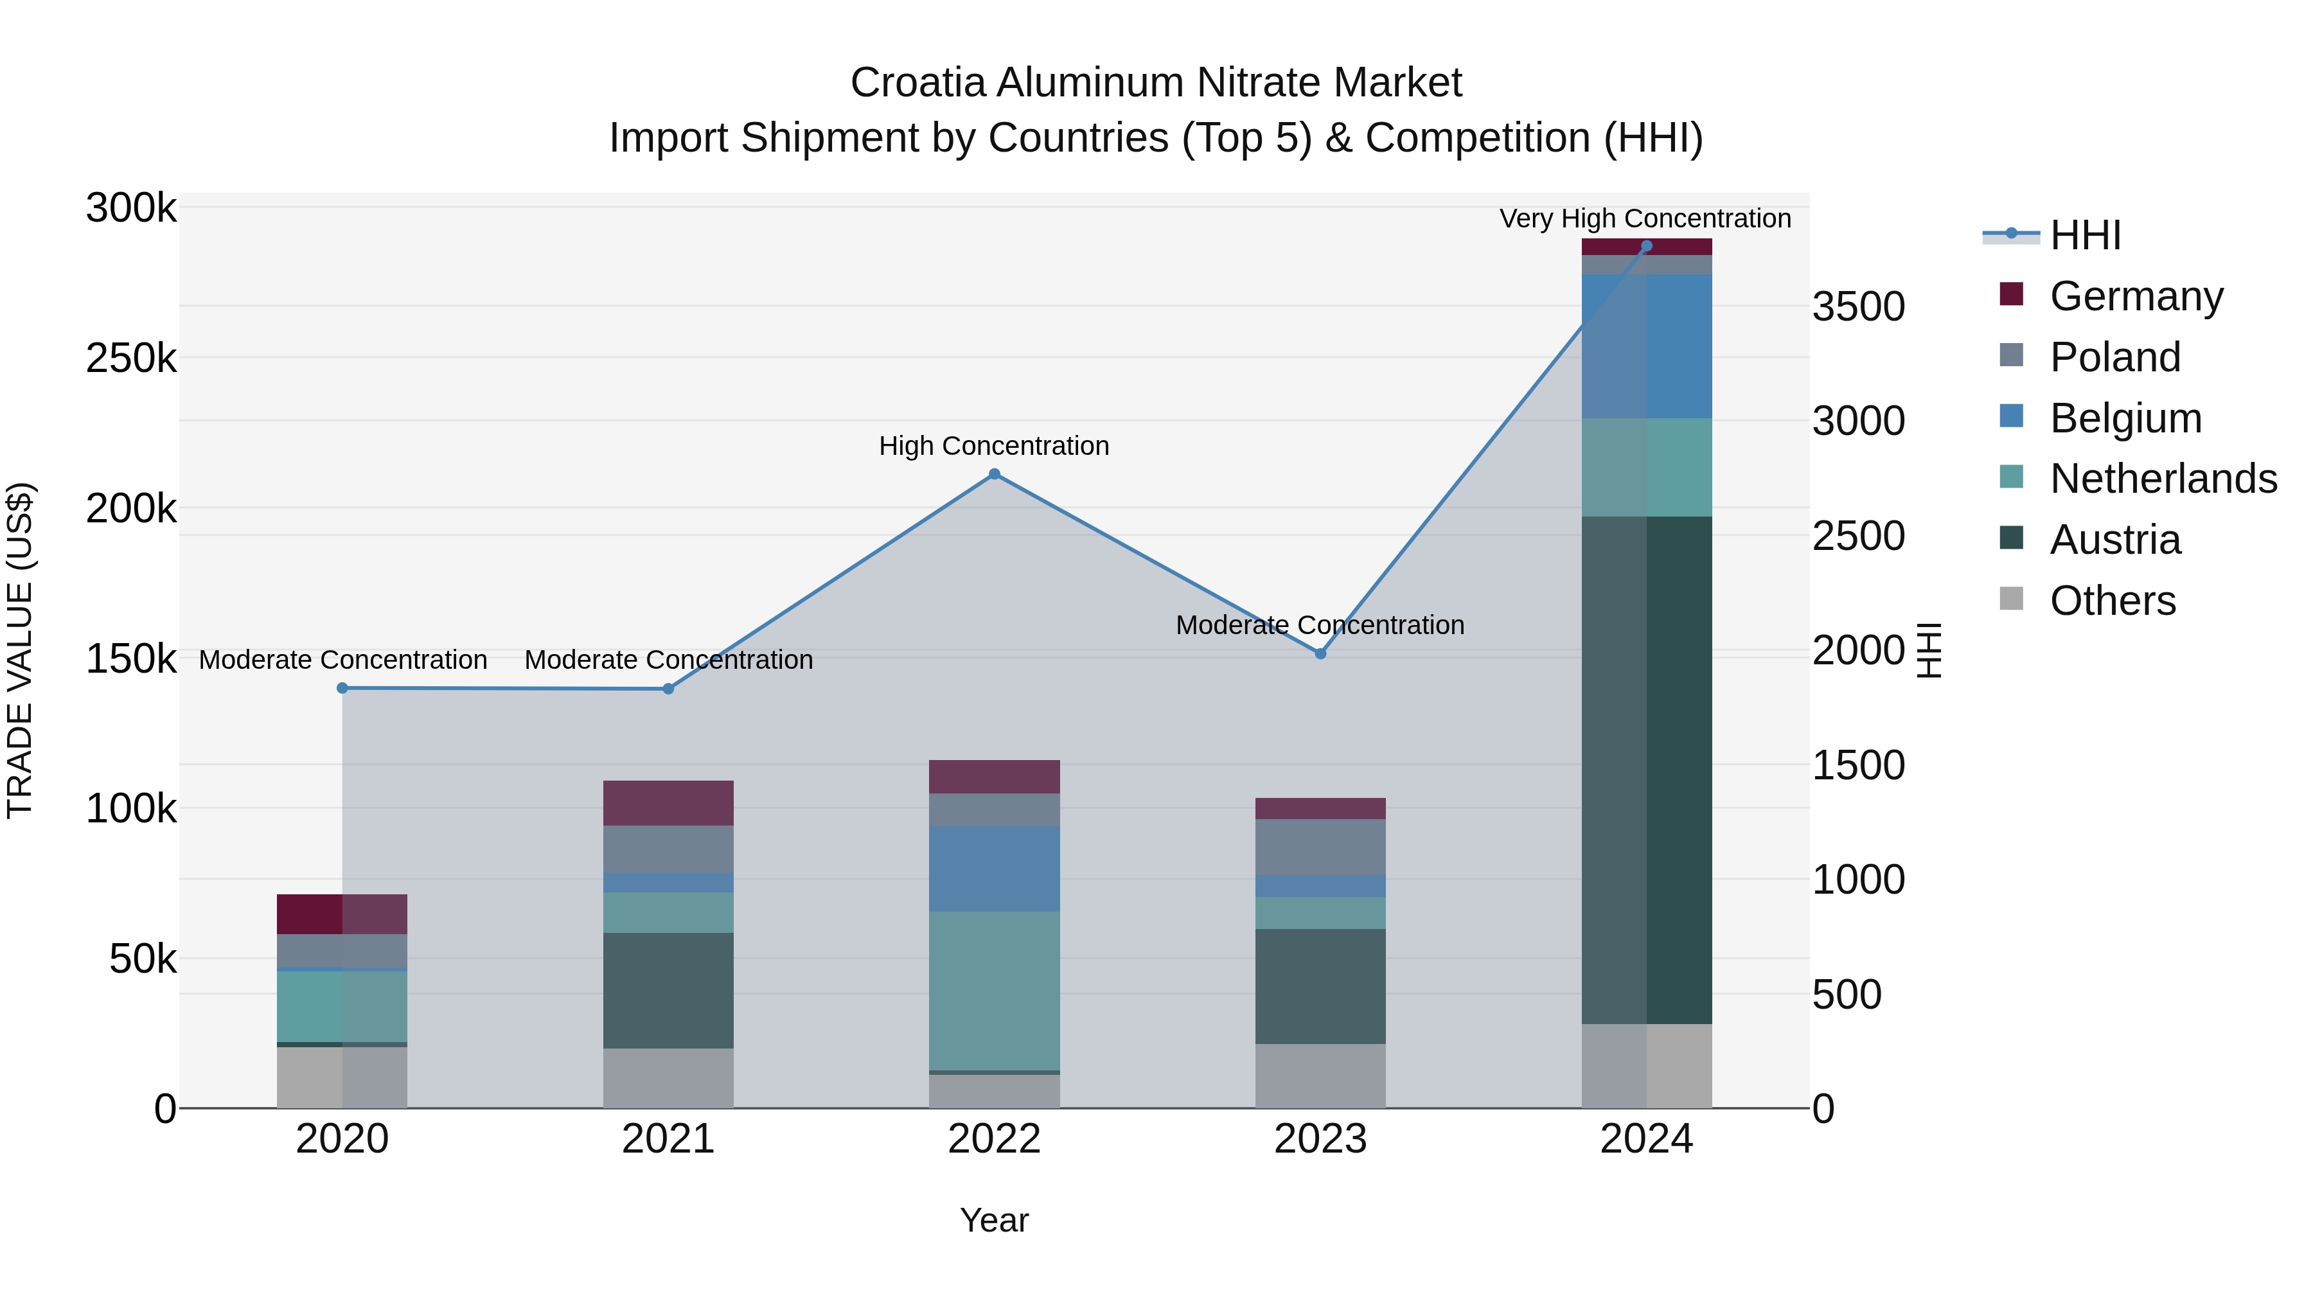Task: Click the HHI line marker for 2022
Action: click(x=994, y=474)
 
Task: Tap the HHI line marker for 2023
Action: click(x=1320, y=653)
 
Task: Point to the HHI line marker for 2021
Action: click(x=668, y=689)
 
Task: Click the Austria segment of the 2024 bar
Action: click(x=1647, y=770)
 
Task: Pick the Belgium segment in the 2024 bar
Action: click(x=1647, y=346)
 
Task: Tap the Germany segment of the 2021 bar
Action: click(x=668, y=802)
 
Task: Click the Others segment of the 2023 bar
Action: click(x=1320, y=1075)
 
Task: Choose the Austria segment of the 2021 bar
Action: click(x=668, y=990)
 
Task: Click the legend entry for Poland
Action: click(x=2114, y=357)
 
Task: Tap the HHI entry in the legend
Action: click(x=2085, y=235)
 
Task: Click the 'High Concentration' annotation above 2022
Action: click(x=994, y=447)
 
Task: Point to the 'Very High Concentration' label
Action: click(x=1645, y=219)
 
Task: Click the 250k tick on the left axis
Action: click(x=131, y=359)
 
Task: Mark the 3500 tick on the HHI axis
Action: click(x=1857, y=307)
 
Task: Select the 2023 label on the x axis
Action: click(x=1320, y=1139)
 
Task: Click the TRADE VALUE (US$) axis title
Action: click(x=21, y=650)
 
